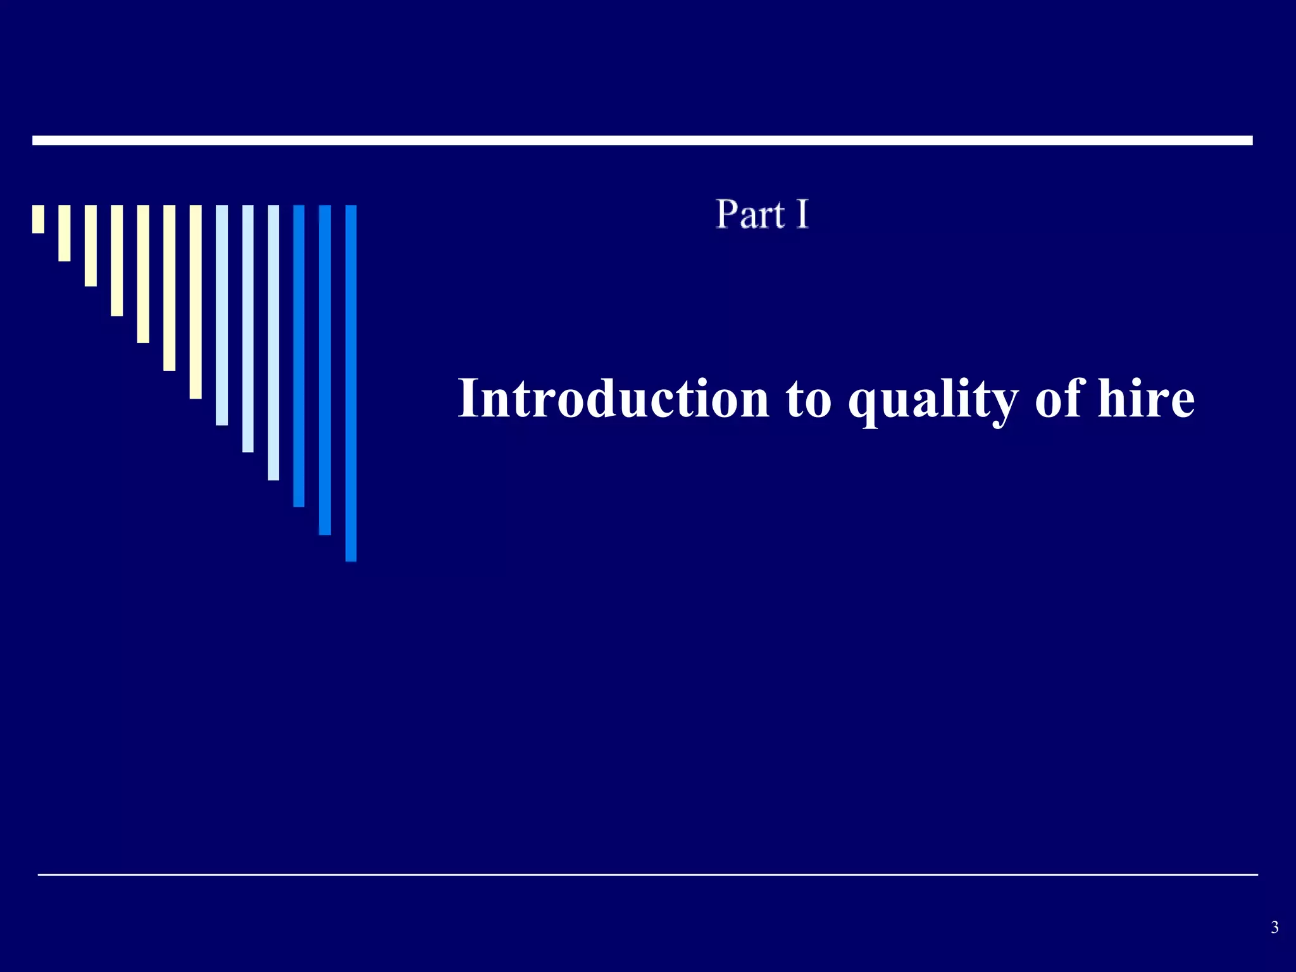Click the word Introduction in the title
[x=613, y=398]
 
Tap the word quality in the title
[x=933, y=400]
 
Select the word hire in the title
[x=1146, y=398]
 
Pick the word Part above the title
[x=751, y=215]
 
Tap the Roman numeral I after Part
[x=802, y=215]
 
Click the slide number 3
[x=1274, y=928]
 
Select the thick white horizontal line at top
[x=642, y=140]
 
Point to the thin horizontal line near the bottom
[x=647, y=875]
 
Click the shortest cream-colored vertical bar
[x=39, y=219]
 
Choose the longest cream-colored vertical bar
[x=196, y=302]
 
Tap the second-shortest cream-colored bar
[x=65, y=233]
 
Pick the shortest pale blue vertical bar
[x=221, y=315]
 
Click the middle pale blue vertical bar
[x=248, y=328]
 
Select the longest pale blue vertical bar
[x=273, y=342]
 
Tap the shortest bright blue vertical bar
[x=299, y=356]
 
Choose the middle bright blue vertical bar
[x=325, y=370]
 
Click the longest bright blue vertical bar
[x=351, y=383]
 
